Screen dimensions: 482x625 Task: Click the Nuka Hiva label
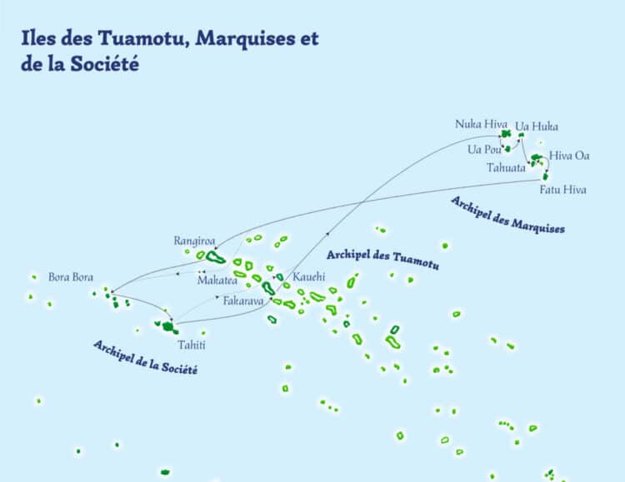[x=475, y=124]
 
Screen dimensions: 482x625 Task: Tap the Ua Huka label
[x=537, y=127]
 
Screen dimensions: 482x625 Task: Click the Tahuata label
[x=506, y=167]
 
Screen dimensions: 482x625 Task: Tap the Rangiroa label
[x=194, y=241]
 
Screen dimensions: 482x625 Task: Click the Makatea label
[x=217, y=281]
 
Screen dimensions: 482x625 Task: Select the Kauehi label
[x=309, y=276]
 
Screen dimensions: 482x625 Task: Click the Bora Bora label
[x=71, y=276]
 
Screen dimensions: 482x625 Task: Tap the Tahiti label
[x=191, y=345]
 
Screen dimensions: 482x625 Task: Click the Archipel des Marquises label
[x=507, y=215]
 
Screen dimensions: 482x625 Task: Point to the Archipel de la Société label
[x=145, y=356]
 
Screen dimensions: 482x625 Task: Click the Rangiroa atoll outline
[x=216, y=258]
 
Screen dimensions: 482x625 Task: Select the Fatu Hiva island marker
[x=546, y=176]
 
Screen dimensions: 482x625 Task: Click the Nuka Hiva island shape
[x=505, y=133]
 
